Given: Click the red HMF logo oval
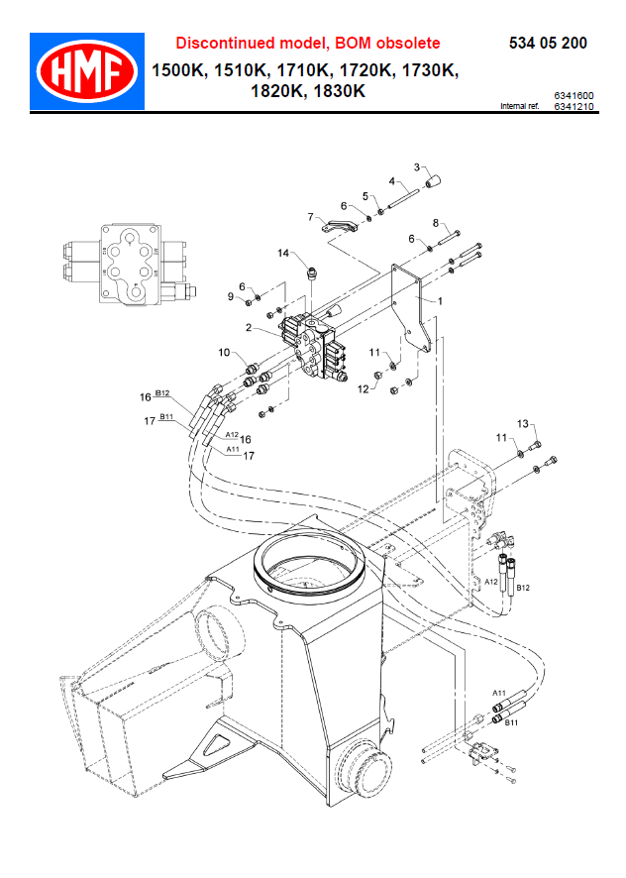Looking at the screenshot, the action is pyautogui.click(x=87, y=71).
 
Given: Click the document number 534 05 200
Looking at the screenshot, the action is pyautogui.click(x=548, y=44).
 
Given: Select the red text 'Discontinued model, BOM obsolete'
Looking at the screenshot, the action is pyautogui.click(x=308, y=44).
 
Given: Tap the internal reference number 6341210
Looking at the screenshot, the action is pyautogui.click(x=574, y=106).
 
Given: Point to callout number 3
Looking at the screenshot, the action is pyautogui.click(x=417, y=167).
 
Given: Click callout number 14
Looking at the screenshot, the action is pyautogui.click(x=283, y=253).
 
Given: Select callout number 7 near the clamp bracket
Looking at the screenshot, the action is pyautogui.click(x=311, y=217).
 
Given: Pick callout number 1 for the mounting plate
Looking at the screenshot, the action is pyautogui.click(x=440, y=301).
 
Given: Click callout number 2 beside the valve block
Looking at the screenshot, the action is pyautogui.click(x=249, y=327).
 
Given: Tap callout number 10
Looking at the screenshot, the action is pyautogui.click(x=224, y=352).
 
